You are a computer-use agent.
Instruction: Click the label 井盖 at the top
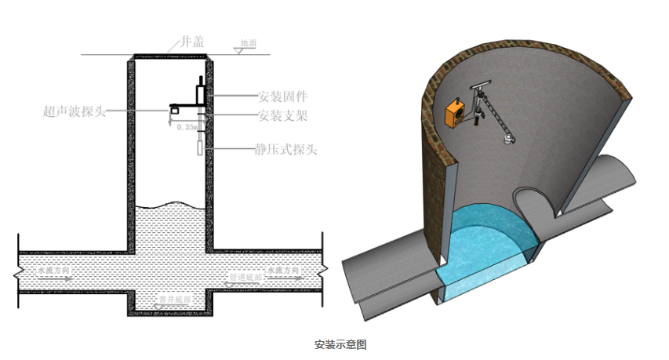pos(192,42)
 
